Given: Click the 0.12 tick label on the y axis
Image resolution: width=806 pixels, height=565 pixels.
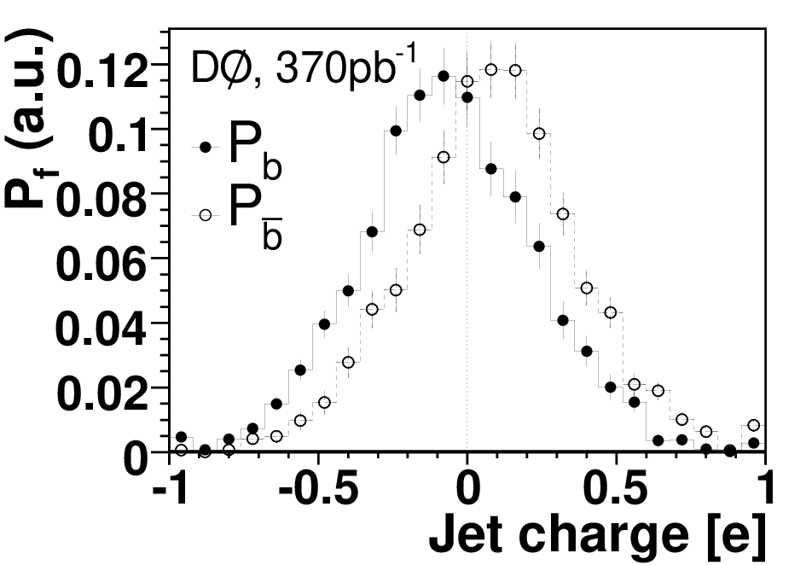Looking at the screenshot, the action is (x=104, y=72).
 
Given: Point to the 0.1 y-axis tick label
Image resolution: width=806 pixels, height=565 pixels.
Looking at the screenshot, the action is (x=119, y=137).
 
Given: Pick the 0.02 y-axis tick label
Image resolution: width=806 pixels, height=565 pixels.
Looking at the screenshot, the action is (x=102, y=394).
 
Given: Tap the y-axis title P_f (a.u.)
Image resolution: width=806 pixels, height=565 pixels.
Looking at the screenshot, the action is (x=29, y=119).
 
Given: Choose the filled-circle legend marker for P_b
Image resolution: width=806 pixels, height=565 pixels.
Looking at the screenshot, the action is (x=206, y=148).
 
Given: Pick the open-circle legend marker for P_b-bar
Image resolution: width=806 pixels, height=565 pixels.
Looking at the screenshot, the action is (x=206, y=215).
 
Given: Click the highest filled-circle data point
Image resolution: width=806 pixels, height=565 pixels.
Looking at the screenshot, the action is (x=444, y=76).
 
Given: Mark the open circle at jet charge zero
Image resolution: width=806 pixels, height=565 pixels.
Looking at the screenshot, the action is (x=467, y=81).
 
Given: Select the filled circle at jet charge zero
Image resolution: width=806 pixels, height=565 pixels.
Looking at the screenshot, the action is (x=467, y=96).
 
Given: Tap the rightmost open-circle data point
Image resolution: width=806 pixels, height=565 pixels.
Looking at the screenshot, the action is (x=754, y=425).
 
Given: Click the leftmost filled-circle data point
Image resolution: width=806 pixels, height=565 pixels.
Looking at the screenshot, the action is (x=181, y=437).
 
